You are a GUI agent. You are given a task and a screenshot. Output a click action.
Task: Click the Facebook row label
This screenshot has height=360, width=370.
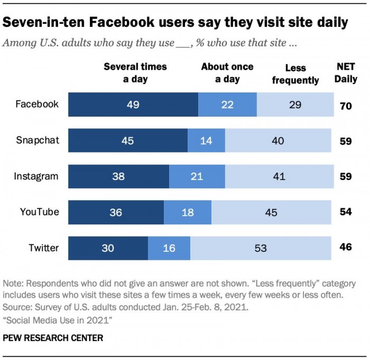click(36, 104)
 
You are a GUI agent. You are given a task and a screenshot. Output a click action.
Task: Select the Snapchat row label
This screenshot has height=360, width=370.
click(38, 140)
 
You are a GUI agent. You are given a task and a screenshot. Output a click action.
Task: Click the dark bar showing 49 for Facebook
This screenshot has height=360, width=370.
click(133, 105)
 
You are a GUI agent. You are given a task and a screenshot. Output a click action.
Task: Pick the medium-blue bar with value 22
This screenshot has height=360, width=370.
click(227, 105)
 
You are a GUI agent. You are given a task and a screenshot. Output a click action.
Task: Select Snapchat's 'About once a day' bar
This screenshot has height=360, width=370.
click(206, 140)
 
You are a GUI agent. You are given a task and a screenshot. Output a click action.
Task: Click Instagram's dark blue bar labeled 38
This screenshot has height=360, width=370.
click(118, 176)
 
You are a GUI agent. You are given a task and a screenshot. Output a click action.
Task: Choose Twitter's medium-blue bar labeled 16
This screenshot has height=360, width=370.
click(169, 248)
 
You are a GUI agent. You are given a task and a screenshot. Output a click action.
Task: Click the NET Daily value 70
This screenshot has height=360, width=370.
click(346, 105)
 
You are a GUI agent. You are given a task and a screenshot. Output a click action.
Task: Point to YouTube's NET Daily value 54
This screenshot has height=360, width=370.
click(346, 212)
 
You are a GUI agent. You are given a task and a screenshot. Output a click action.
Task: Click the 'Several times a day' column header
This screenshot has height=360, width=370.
click(135, 73)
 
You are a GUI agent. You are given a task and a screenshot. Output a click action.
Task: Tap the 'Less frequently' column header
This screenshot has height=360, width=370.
click(295, 74)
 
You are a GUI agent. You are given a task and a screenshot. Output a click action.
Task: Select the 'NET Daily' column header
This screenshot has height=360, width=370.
click(347, 73)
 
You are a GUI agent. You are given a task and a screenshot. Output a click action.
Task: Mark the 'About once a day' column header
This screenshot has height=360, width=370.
click(227, 73)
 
